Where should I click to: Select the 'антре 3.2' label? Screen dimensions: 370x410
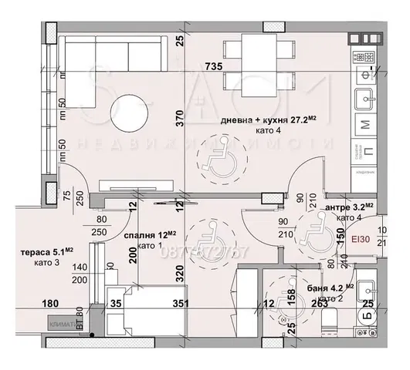click(x=348, y=207)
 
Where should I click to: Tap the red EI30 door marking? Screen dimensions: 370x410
click(x=361, y=240)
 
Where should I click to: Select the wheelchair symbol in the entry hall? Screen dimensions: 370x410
click(x=317, y=229)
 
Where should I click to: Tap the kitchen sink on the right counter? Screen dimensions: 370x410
click(x=364, y=98)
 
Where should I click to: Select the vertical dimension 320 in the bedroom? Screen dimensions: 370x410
click(x=180, y=271)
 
